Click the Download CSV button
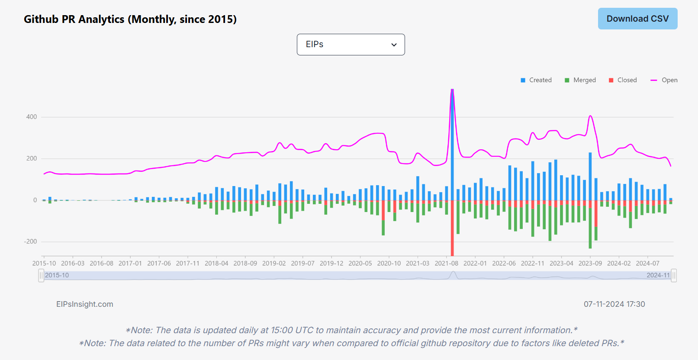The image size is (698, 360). (x=637, y=19)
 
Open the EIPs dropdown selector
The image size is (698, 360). (x=351, y=45)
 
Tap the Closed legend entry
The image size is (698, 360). (x=623, y=80)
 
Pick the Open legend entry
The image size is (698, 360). (x=664, y=80)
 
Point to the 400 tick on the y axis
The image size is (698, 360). (x=32, y=117)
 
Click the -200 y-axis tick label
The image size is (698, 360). (x=30, y=241)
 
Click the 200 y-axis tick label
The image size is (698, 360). (x=32, y=158)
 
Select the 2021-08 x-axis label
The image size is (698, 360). (x=446, y=263)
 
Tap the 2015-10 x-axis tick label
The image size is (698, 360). (x=44, y=263)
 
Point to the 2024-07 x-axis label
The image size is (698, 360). (x=647, y=263)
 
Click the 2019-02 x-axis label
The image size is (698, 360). (x=274, y=263)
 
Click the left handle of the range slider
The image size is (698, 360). (x=41, y=275)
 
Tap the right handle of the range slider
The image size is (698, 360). (x=674, y=275)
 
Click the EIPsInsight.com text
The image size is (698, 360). (x=85, y=304)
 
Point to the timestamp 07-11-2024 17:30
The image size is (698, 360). (x=614, y=304)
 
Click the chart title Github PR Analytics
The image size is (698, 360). (x=130, y=19)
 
